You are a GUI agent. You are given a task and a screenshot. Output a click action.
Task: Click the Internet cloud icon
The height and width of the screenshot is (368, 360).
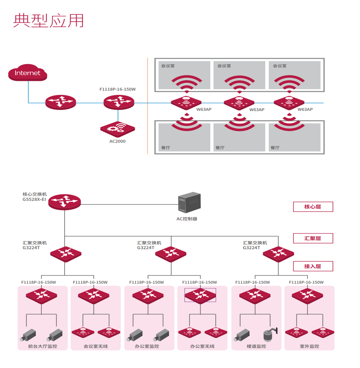tap(28, 73)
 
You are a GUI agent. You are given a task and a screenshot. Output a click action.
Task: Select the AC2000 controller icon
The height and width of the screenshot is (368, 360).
tap(118, 129)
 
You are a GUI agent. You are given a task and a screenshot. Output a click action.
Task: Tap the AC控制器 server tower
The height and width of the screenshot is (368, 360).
tap(189, 202)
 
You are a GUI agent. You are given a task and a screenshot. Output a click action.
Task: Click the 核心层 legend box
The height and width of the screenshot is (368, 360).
tap(313, 207)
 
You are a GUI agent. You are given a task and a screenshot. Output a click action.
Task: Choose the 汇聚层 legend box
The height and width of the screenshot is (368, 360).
tap(313, 238)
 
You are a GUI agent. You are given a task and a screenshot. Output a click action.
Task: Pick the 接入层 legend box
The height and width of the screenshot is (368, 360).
tap(313, 266)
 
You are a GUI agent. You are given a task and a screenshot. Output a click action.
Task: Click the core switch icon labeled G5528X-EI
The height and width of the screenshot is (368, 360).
tap(64, 202)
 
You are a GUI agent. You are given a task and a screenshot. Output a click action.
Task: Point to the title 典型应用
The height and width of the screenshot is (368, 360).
tap(49, 21)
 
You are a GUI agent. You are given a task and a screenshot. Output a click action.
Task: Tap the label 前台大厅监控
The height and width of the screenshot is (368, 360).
tap(43, 346)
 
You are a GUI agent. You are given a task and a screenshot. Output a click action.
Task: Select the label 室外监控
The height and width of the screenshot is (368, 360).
tap(309, 346)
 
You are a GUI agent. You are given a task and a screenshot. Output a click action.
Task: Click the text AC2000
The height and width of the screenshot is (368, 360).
tap(118, 141)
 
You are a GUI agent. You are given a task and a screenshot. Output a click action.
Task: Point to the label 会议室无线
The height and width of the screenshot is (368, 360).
tap(96, 346)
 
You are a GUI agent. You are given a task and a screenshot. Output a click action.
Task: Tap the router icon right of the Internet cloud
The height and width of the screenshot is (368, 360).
tap(61, 102)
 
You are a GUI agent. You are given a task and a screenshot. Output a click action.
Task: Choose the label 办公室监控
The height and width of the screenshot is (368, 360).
tap(147, 346)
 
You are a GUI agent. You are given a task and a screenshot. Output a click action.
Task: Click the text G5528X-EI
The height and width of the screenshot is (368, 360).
tap(34, 199)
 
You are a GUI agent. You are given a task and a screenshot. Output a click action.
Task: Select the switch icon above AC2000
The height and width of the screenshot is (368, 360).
tap(119, 102)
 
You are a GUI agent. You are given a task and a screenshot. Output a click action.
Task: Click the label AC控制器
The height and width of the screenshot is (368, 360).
tap(187, 219)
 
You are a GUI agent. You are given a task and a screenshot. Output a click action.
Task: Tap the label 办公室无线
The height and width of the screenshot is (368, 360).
tap(202, 346)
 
